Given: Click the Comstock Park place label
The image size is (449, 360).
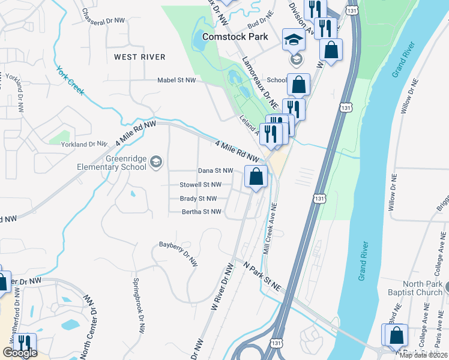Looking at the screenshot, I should pos(235,37).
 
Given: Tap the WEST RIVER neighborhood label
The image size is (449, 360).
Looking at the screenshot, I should pos(139,57).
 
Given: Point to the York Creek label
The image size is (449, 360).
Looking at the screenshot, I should pos(70,80).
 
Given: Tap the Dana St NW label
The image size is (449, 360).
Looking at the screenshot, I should pos(215,171).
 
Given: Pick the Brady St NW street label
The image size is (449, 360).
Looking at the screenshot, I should pos(198,198).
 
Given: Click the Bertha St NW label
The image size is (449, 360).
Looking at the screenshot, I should pos(202,212).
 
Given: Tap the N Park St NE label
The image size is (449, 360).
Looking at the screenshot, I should pos(262,275).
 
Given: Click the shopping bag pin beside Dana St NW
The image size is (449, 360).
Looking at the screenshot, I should pos(256,177).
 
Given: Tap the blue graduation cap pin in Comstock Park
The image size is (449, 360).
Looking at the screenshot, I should pos(294,40).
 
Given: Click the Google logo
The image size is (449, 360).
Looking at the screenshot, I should pos(20,353).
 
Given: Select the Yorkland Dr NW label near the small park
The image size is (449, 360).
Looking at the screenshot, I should pos(88,144).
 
